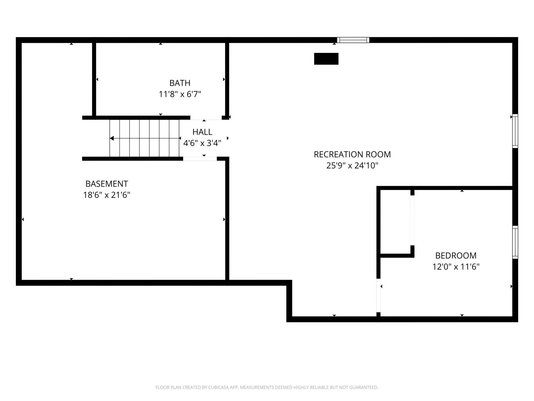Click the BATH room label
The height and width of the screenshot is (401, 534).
180,83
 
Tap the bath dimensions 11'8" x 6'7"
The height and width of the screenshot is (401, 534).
180,94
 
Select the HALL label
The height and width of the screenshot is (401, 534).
202,132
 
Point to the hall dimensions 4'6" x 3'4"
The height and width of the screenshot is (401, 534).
202,143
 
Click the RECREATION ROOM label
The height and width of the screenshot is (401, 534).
352,154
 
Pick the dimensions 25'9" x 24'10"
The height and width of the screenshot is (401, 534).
352,166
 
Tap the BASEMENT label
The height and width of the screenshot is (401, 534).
107,184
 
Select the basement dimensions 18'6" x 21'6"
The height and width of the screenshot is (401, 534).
107,195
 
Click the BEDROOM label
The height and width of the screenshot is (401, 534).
456,256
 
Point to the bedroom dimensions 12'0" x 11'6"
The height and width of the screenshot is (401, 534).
456,267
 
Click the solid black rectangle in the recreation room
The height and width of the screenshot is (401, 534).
326,59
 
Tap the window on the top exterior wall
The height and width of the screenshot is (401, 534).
353,40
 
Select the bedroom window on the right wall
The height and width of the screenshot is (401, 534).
515,242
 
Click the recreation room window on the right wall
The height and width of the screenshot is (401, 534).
515,131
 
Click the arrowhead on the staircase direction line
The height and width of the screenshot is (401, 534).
112,138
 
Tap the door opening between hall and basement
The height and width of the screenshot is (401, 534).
200,159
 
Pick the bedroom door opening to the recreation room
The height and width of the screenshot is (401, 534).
378,295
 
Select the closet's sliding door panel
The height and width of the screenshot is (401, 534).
412,220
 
